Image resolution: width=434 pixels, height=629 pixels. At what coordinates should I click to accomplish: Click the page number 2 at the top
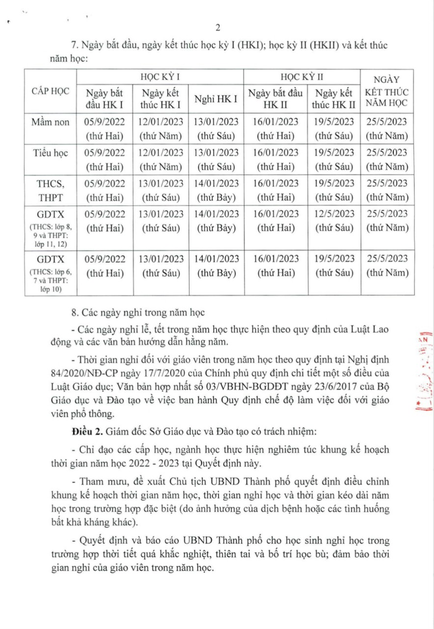click(217, 27)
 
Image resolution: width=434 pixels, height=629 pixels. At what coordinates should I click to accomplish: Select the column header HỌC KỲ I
click(160, 77)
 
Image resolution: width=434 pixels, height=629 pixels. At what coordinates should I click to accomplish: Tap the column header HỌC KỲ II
click(302, 77)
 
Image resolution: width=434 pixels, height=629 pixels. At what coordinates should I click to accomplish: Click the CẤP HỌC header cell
click(51, 91)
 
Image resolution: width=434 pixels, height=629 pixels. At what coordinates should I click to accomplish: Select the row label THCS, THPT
click(51, 190)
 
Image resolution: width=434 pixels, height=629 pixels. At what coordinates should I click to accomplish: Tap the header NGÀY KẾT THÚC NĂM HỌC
click(387, 91)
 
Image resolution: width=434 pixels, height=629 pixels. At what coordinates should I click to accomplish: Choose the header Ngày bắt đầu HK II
click(275, 98)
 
